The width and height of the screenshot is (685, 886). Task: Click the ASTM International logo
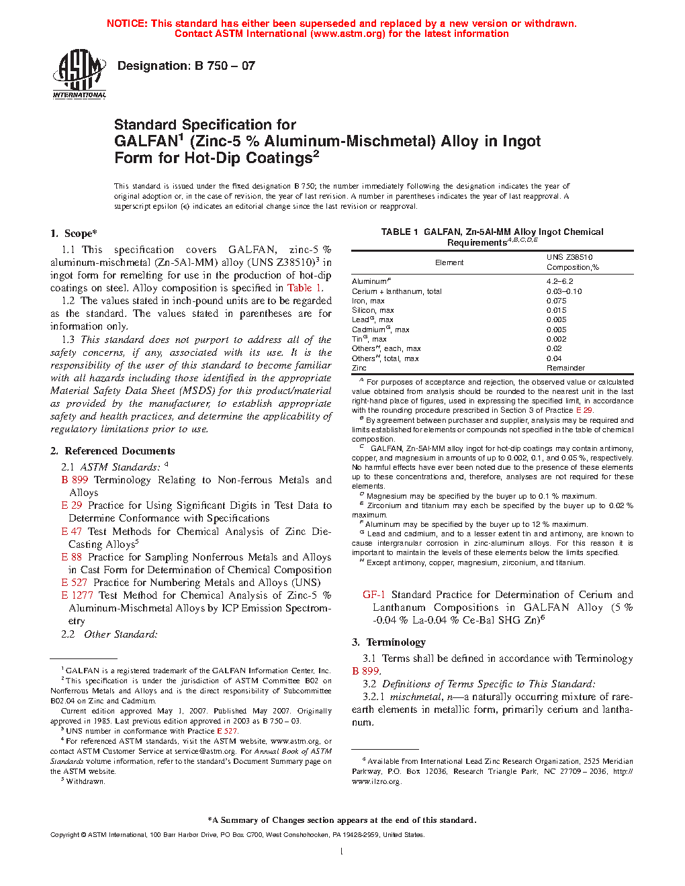79,74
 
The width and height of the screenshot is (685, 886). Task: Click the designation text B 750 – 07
186,66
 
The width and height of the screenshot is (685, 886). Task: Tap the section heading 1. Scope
74,234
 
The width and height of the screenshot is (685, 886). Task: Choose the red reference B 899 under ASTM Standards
75,480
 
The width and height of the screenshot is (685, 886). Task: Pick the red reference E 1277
77,595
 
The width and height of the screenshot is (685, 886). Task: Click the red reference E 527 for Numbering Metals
75,583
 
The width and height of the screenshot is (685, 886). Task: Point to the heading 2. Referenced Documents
113,451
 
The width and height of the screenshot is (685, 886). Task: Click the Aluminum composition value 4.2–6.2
559,281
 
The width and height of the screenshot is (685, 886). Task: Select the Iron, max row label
368,301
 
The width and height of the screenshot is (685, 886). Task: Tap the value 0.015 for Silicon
556,310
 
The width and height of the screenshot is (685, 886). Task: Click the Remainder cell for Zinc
565,368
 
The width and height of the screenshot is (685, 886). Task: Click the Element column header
449,262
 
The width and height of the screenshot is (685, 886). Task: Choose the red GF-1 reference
374,595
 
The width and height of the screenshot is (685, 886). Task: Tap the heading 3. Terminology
389,642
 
